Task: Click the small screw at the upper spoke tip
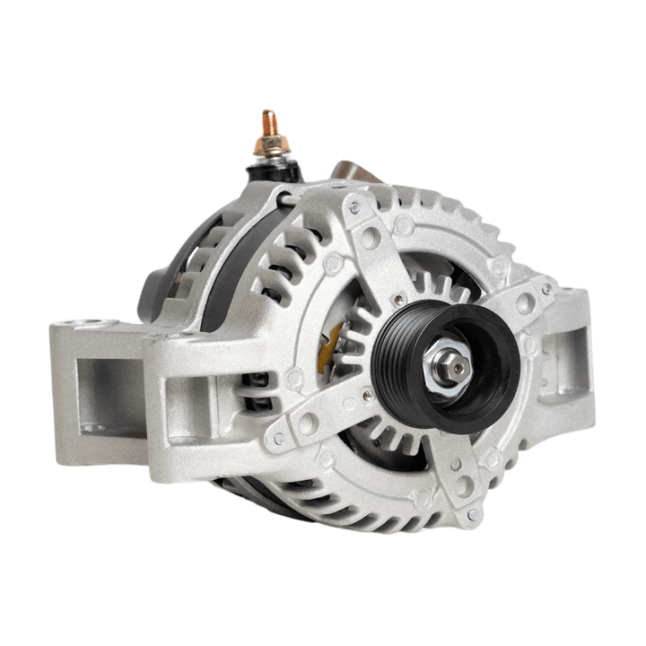(355, 207)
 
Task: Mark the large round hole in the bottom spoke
(464, 485)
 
